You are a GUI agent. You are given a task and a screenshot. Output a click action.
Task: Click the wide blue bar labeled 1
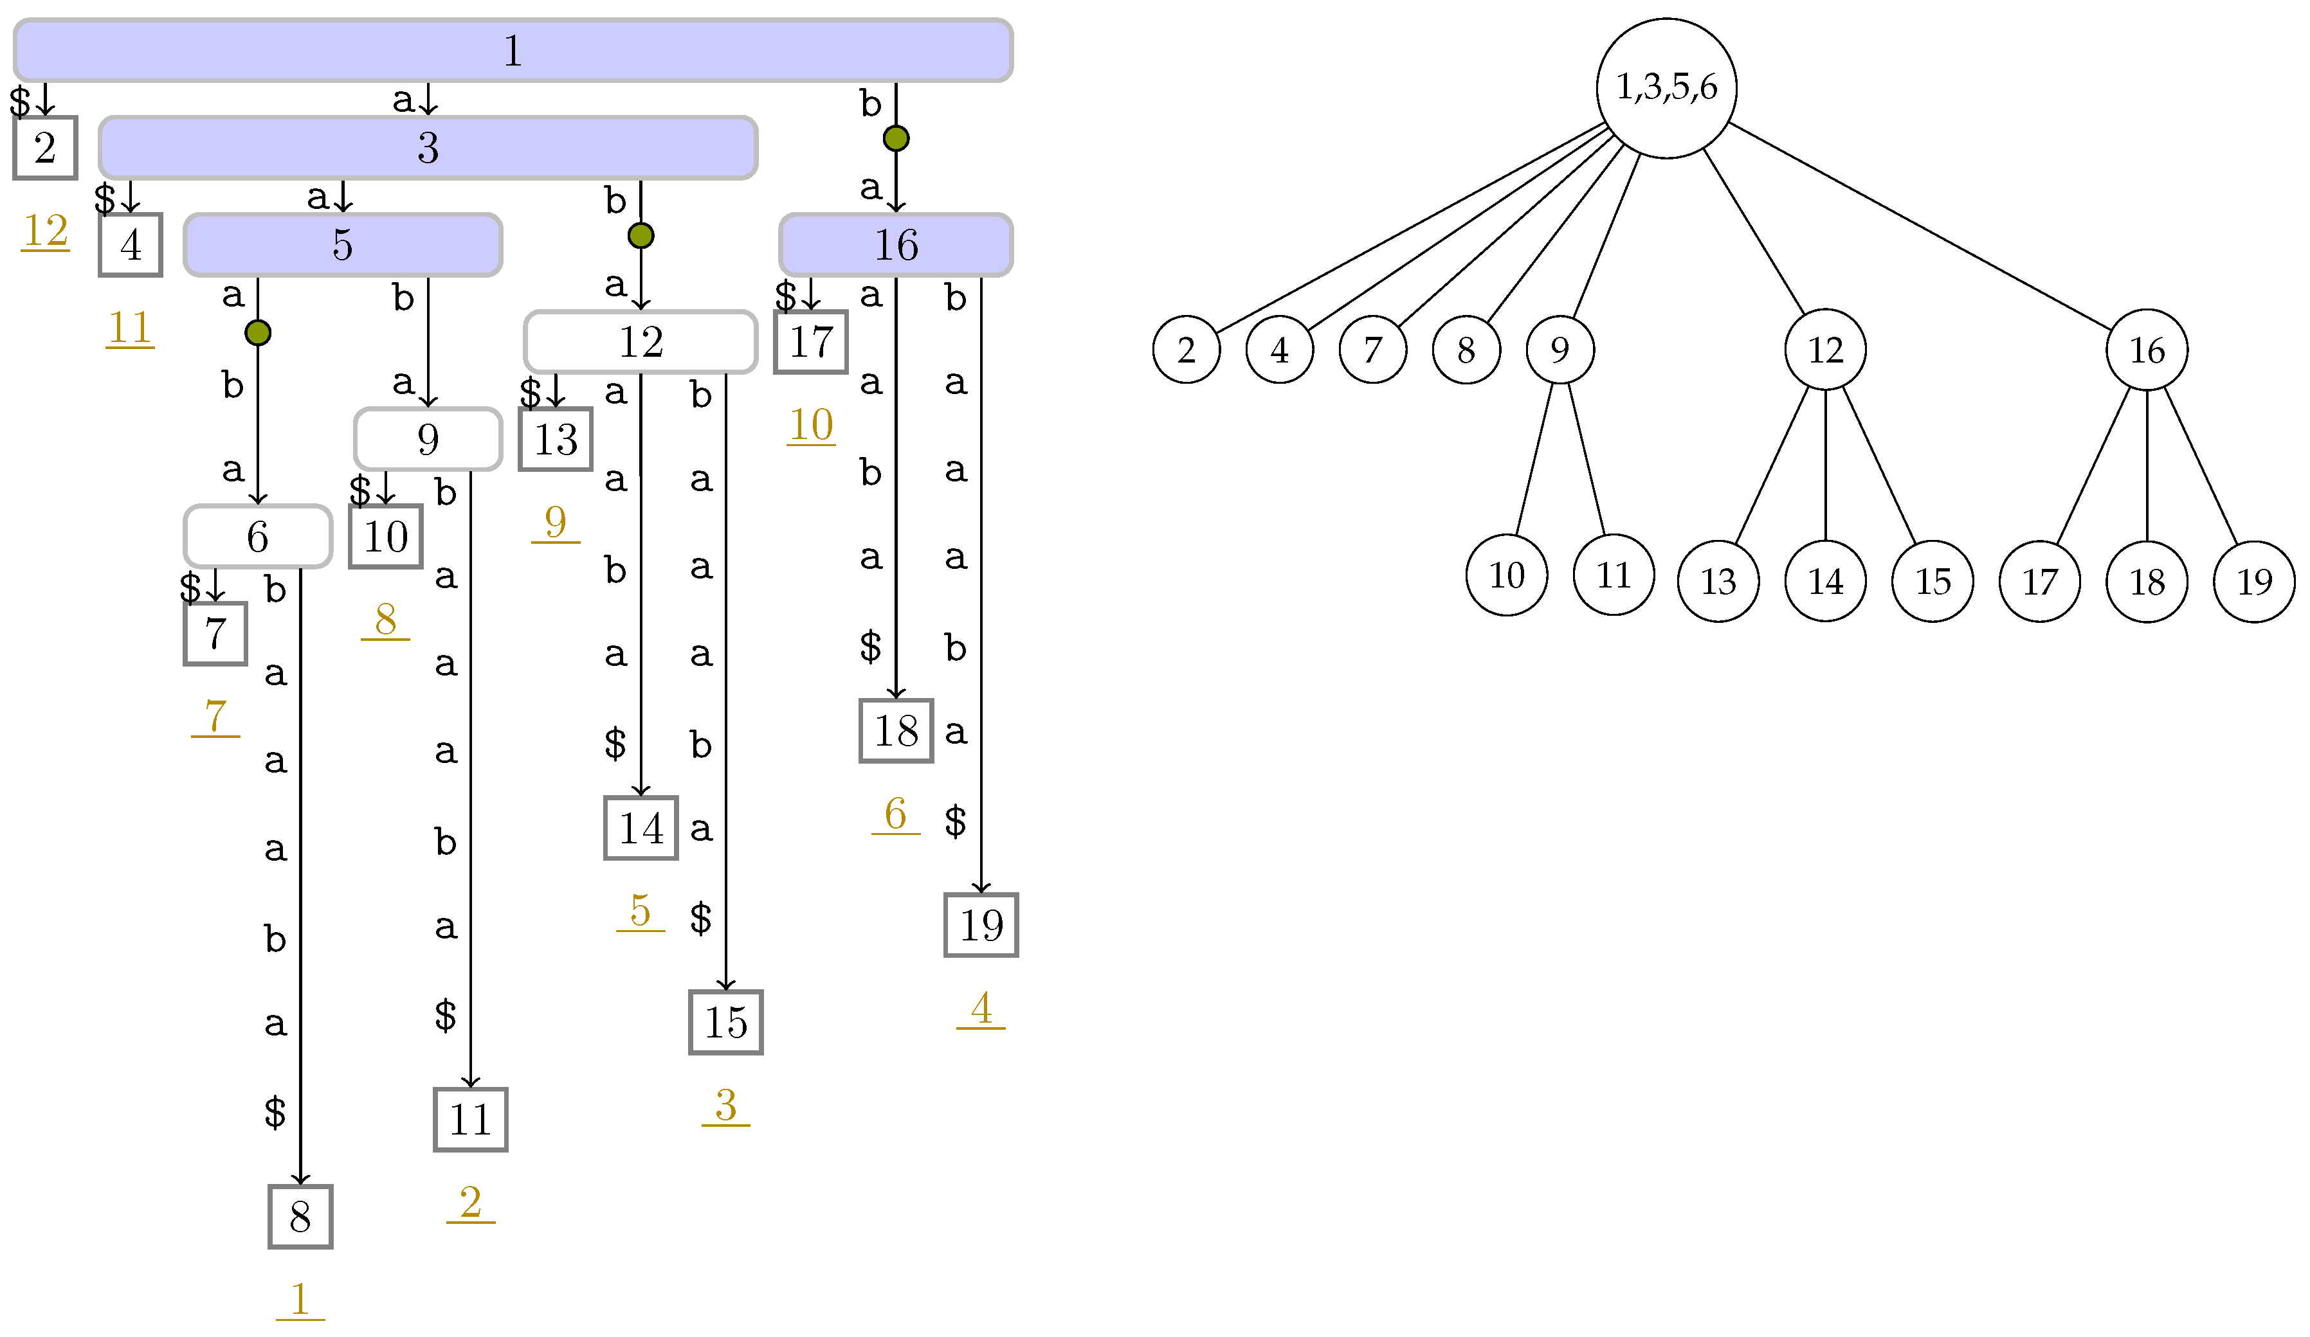[513, 50]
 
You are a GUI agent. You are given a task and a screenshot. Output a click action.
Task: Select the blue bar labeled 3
[428, 148]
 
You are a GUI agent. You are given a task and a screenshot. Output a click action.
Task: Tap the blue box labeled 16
[896, 245]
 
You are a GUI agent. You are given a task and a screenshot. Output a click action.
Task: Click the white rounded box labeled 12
[641, 342]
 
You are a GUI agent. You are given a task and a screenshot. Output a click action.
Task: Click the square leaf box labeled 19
[981, 924]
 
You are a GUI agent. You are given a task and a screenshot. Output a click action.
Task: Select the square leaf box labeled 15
[726, 1022]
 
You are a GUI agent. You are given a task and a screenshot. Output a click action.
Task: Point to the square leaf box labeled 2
[45, 148]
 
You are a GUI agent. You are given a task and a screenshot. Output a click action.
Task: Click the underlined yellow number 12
[46, 230]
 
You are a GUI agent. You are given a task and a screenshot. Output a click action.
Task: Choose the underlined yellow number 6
[896, 813]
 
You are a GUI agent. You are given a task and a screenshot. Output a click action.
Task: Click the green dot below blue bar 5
[258, 333]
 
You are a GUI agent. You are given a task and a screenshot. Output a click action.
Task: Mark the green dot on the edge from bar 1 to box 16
[896, 138]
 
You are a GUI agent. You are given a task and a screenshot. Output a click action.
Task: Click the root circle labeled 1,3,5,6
[1666, 88]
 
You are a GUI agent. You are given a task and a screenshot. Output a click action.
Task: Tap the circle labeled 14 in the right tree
[1825, 581]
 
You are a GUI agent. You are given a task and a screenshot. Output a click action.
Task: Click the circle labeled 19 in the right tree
[2254, 582]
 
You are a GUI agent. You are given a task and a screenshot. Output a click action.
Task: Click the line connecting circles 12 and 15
[1879, 465]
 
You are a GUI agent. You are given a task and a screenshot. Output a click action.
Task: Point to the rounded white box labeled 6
[258, 536]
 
